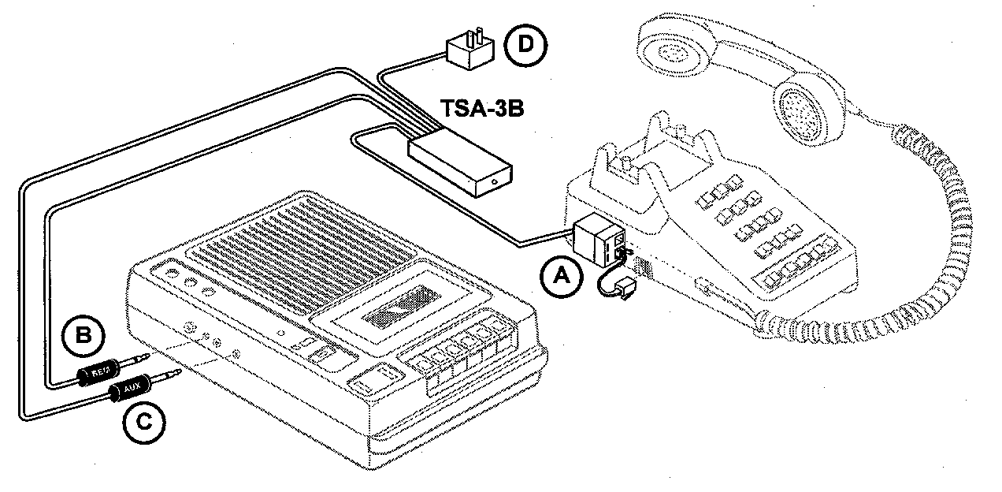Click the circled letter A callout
[x=561, y=276]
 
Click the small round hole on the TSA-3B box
[x=494, y=182]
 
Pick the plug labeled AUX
[x=131, y=389]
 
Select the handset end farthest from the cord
[x=677, y=47]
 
